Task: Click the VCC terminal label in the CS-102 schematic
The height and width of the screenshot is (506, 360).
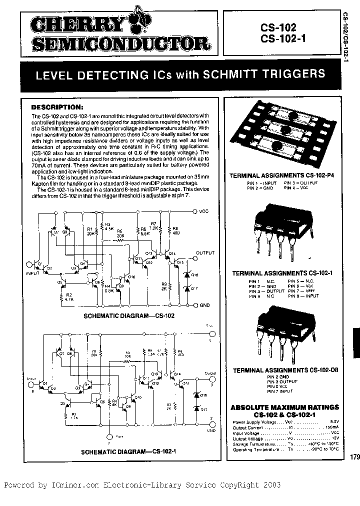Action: (x=203, y=211)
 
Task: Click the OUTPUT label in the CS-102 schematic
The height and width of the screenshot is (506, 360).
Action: (x=204, y=252)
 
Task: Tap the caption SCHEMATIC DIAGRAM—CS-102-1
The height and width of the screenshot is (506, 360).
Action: (x=120, y=451)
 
